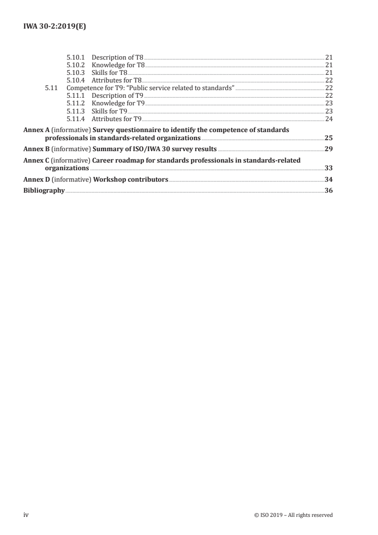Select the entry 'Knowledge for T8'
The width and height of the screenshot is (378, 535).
pyautogui.click(x=118, y=65)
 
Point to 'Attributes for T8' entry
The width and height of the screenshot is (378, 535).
pyautogui.click(x=117, y=80)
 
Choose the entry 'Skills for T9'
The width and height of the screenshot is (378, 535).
pyautogui.click(x=109, y=111)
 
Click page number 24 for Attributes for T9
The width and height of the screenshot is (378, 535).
pyautogui.click(x=328, y=118)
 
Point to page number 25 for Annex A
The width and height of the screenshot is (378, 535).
pyautogui.click(x=328, y=138)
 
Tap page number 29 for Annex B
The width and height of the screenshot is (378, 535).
pyautogui.click(x=328, y=149)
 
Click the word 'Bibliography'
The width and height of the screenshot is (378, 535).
pyautogui.click(x=44, y=191)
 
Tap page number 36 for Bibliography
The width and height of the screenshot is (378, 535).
pyautogui.click(x=328, y=191)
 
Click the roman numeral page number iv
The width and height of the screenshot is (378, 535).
pyautogui.click(x=27, y=514)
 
